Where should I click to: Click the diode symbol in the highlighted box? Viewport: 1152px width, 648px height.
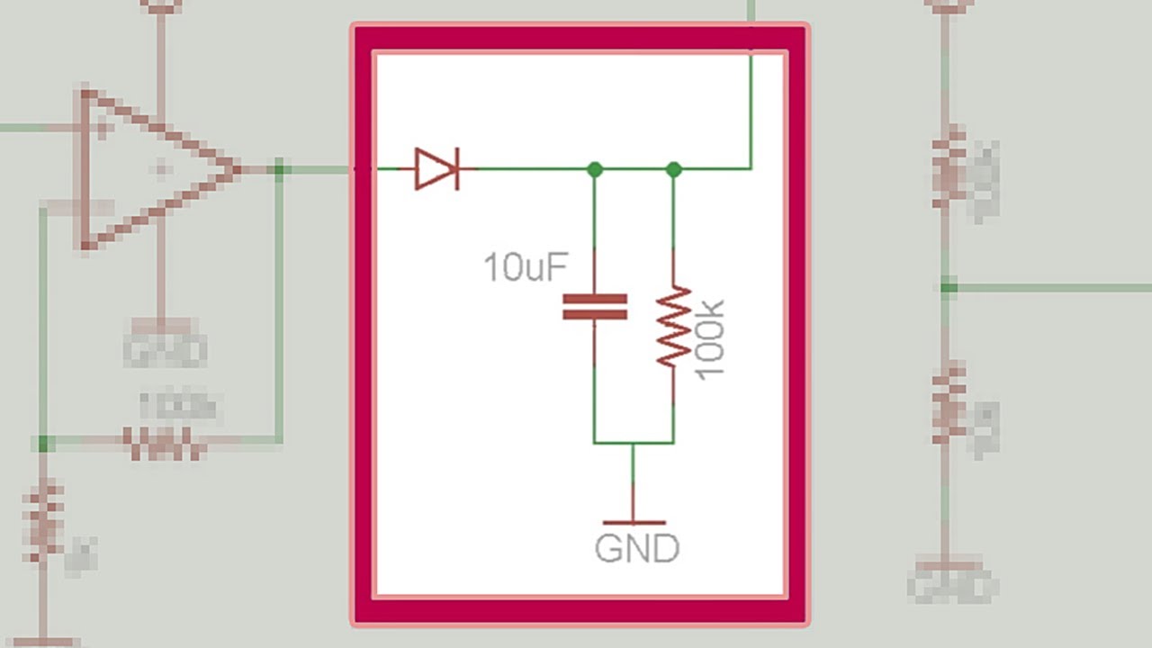(x=436, y=168)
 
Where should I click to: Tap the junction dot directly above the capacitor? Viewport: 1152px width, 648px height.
(x=594, y=168)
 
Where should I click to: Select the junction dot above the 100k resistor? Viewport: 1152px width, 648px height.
(x=673, y=168)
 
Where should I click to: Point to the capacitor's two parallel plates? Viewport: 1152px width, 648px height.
(x=594, y=307)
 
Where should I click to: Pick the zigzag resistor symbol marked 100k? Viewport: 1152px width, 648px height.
(x=673, y=326)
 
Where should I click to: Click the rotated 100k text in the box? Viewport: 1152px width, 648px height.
(x=710, y=339)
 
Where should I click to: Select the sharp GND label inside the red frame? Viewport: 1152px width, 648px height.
(x=637, y=548)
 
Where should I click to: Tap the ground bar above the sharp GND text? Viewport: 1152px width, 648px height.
(x=634, y=522)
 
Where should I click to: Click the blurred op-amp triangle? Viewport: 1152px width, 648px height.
(x=153, y=169)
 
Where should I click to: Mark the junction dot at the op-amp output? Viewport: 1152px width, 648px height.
(x=280, y=168)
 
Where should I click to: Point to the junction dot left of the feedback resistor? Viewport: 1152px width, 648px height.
(x=42, y=443)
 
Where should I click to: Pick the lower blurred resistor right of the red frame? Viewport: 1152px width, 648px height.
(x=949, y=404)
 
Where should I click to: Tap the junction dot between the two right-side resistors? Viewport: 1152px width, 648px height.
(x=949, y=288)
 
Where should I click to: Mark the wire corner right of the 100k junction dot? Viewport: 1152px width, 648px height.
(x=751, y=168)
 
